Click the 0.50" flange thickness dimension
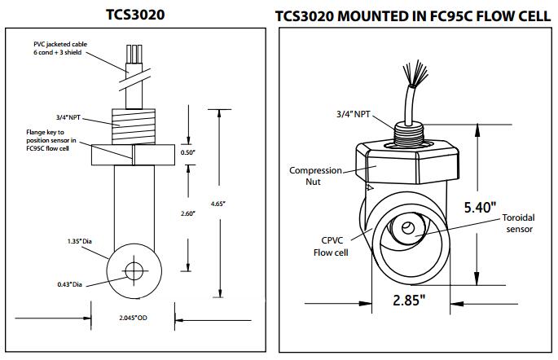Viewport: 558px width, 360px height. point(188,152)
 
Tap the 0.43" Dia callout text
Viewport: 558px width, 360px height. point(73,283)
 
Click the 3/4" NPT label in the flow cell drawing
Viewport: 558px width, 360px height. point(350,114)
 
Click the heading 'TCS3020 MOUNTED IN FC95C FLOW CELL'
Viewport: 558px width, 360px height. point(415,15)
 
